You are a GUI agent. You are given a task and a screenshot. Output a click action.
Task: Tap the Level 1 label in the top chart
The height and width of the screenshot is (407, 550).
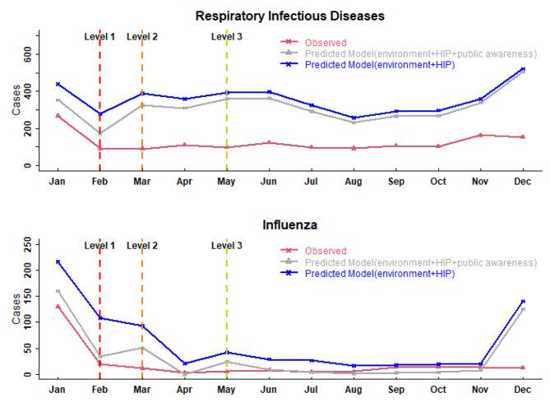click(99, 37)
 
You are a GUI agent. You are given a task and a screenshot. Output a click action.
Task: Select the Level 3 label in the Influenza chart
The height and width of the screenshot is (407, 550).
click(226, 245)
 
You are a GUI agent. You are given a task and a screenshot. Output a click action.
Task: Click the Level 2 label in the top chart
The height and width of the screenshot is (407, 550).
click(142, 37)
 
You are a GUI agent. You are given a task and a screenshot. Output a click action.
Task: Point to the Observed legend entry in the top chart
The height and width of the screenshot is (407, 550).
click(325, 43)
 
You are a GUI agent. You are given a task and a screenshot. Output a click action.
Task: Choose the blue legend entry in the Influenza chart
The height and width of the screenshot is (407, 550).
click(379, 273)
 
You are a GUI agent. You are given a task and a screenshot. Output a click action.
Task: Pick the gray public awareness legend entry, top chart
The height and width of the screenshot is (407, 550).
click(420, 53)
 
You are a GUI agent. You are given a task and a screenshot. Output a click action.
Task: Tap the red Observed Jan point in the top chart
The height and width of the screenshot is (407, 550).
click(58, 115)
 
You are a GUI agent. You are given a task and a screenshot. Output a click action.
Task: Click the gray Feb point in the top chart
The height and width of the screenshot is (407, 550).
click(99, 133)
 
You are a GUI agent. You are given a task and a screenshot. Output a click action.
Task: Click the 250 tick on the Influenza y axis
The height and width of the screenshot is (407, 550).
click(26, 243)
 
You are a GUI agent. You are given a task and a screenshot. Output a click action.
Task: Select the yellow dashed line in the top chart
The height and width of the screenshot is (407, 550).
click(227, 107)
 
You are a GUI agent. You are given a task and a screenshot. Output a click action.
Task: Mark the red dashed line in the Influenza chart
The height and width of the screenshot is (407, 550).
click(99, 329)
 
